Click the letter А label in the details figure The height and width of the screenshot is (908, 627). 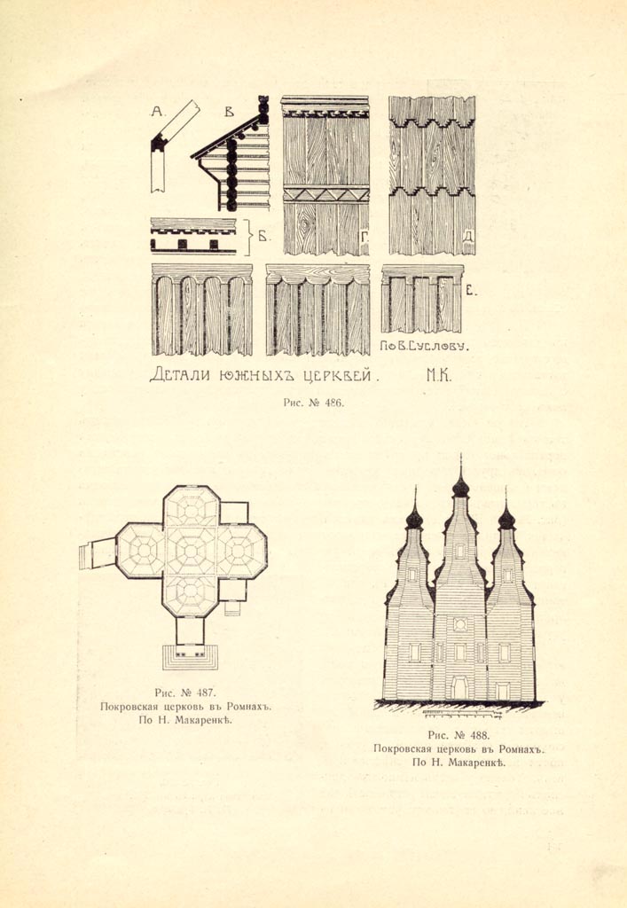click(157, 111)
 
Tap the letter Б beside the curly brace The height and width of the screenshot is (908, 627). click(263, 236)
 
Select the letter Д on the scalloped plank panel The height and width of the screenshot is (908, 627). click(468, 236)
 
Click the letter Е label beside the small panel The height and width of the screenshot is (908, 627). click(471, 291)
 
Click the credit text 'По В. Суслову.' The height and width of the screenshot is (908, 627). click(425, 347)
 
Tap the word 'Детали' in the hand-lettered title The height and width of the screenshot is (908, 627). click(182, 375)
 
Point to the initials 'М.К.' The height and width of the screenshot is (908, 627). click(439, 376)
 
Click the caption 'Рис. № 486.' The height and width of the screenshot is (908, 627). click(313, 403)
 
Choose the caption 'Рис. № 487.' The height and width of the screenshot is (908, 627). click(185, 693)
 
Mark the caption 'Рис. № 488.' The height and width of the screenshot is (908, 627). click(459, 735)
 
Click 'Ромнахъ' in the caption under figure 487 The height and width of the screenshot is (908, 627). click(249, 707)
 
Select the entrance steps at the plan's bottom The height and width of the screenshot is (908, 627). click(190, 657)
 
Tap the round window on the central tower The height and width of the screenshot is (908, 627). click(460, 624)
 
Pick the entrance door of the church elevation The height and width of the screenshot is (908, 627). click(460, 688)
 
